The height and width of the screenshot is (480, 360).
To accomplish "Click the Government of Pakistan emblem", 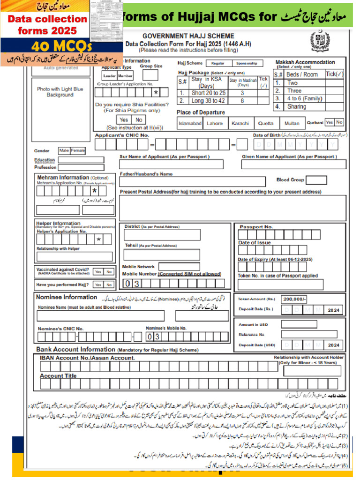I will click(x=320, y=41).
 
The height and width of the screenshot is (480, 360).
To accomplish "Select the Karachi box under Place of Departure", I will click(x=240, y=123).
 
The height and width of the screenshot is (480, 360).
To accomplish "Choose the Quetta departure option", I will click(x=266, y=123).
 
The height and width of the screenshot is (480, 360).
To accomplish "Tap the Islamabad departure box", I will click(x=190, y=123).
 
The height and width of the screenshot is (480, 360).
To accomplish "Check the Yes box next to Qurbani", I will click(x=330, y=122).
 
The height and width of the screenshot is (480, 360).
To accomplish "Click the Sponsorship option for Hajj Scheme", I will click(x=246, y=63).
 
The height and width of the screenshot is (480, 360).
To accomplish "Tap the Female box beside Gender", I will click(x=78, y=150).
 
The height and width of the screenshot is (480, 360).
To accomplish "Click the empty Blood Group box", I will click(x=316, y=180).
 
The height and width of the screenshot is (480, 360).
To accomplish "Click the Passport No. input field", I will click(x=280, y=235).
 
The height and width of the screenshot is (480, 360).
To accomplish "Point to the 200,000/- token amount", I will click(x=294, y=299).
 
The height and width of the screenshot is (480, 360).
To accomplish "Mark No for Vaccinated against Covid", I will click(x=109, y=271).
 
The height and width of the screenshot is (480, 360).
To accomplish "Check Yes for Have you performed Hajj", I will click(x=97, y=285).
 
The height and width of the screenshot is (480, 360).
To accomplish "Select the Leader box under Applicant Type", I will click(x=109, y=76).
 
